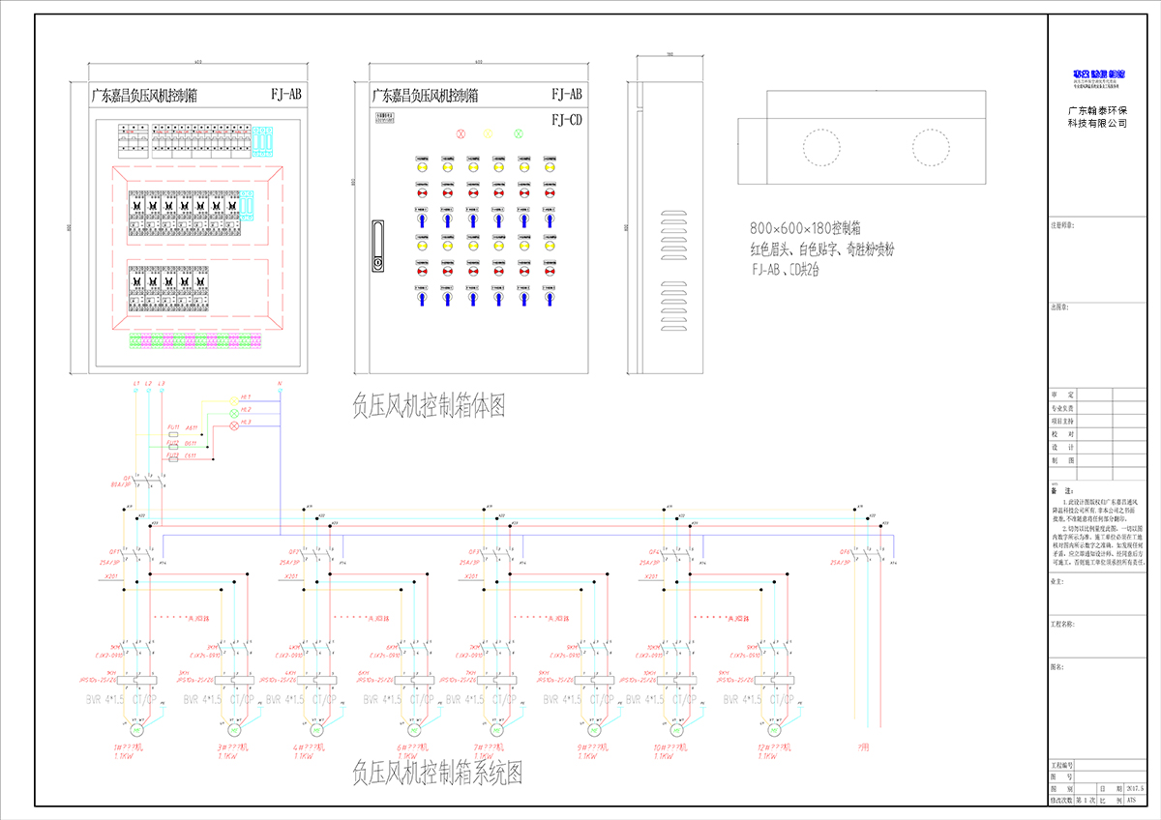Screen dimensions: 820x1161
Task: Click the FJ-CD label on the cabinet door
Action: click(566, 120)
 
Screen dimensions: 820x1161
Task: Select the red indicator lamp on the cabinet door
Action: click(461, 132)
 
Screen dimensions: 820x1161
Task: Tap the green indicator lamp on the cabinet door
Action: click(519, 132)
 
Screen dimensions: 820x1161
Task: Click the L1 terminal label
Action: click(136, 385)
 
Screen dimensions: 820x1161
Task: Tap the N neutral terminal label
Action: click(280, 385)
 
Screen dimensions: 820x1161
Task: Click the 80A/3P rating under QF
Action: click(122, 484)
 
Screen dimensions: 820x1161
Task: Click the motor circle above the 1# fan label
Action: click(136, 729)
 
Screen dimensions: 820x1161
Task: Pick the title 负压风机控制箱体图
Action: click(429, 404)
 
